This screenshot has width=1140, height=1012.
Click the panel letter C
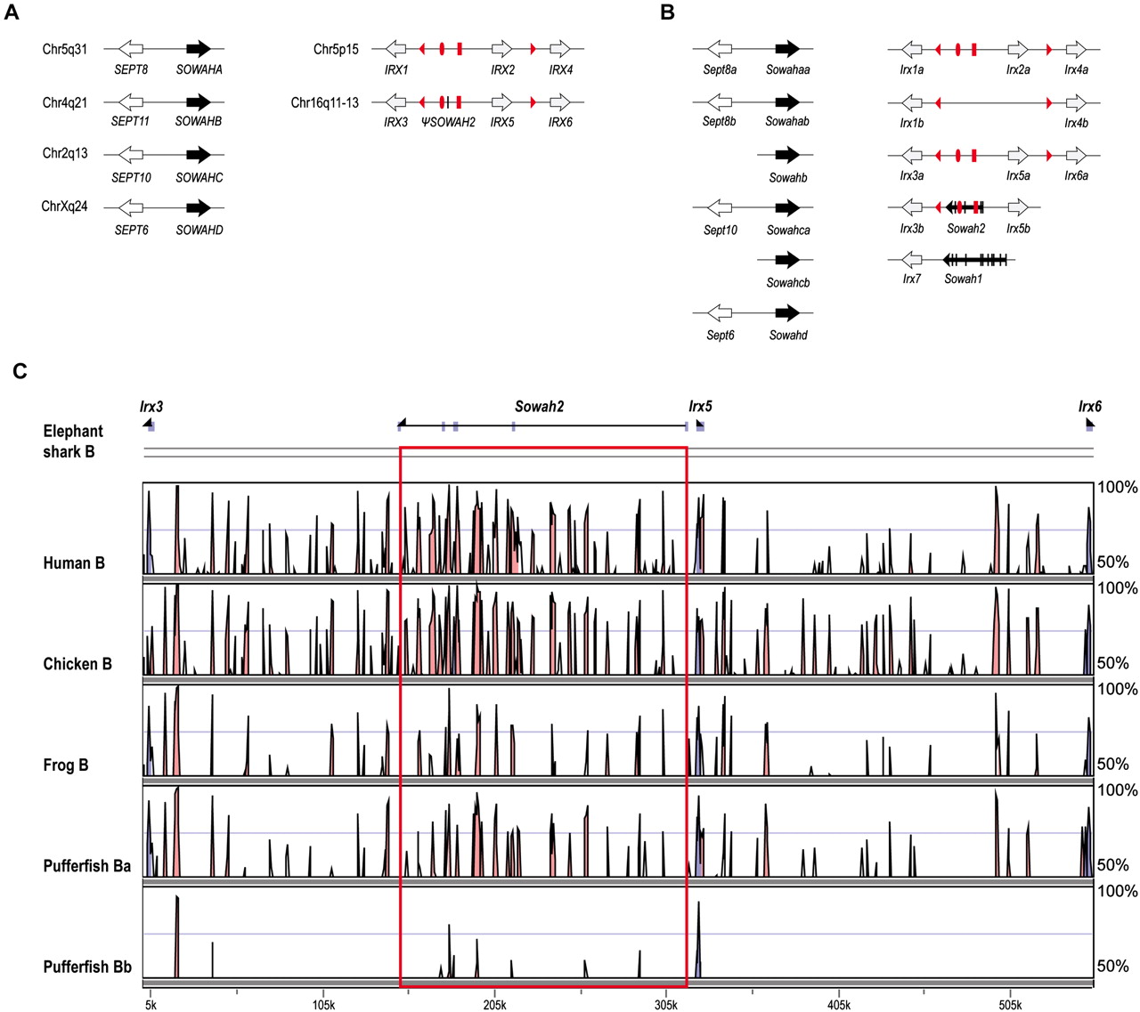[20, 370]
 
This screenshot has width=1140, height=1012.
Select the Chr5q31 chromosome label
[64, 49]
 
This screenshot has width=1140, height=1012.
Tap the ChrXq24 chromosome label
[64, 206]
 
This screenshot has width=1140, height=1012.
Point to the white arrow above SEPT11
[131, 102]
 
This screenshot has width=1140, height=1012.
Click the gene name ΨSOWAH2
[448, 122]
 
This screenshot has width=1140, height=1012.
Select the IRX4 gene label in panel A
[560, 69]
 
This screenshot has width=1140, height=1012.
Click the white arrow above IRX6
[560, 102]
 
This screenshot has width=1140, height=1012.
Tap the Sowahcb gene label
[788, 283]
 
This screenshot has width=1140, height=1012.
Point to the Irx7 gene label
[911, 279]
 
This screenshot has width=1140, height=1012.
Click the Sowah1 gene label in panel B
[963, 279]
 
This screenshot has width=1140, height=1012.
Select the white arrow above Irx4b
[1076, 103]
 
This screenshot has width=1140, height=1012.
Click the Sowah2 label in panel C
[539, 407]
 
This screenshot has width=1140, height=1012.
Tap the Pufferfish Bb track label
[87, 967]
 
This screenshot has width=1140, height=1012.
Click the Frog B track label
[66, 765]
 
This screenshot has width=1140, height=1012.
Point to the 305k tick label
[666, 1005]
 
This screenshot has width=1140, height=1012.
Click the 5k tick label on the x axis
[151, 1005]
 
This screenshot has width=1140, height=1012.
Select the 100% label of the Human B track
[1117, 487]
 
